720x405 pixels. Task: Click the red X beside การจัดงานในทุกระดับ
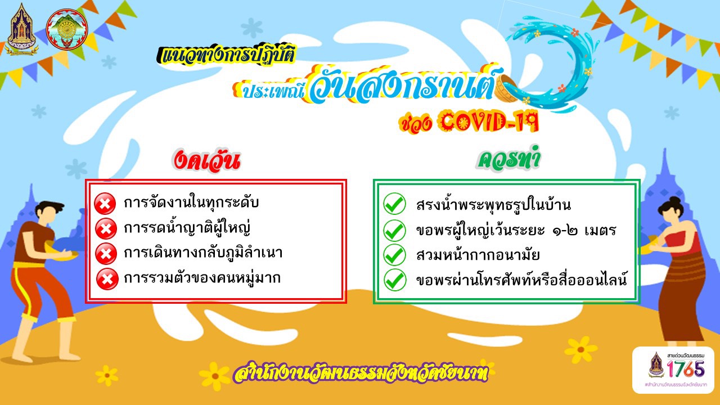point(105,204)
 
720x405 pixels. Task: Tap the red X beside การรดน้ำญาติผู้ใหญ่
point(106,228)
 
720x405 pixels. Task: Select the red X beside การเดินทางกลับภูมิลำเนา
point(106,254)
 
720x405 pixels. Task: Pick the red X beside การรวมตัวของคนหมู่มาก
point(107,278)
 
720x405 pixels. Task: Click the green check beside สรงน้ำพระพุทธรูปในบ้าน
point(394,204)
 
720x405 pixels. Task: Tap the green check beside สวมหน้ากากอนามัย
point(395,255)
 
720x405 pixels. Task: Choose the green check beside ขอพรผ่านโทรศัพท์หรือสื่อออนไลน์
point(395,280)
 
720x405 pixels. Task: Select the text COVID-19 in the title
point(489,121)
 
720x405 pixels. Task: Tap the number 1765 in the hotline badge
point(685,368)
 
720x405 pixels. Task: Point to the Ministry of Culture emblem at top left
point(21,30)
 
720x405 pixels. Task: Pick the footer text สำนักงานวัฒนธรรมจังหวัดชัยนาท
point(361,373)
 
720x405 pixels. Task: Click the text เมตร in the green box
point(600,230)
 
